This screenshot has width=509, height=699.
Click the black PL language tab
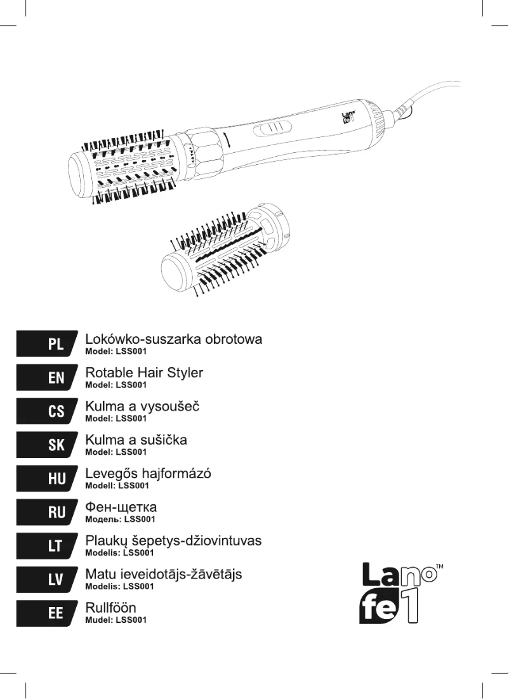tap(47, 344)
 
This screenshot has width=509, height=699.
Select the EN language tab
tap(47, 377)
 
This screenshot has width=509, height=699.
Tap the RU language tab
tap(47, 513)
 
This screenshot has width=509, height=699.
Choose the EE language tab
tap(47, 613)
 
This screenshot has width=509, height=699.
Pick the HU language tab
tap(47, 478)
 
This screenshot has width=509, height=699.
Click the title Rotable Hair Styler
tap(144, 373)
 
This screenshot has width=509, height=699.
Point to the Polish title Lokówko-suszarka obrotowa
tap(173, 339)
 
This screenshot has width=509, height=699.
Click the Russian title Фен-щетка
tap(121, 507)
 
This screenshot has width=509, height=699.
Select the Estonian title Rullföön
tap(110, 608)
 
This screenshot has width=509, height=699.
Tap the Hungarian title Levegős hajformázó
tap(148, 473)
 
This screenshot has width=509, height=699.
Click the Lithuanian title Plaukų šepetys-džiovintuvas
tap(173, 541)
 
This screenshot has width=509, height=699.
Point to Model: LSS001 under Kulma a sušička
tap(116, 452)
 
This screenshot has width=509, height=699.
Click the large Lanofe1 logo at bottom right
tap(397, 593)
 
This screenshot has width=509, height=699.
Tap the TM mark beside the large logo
tap(439, 566)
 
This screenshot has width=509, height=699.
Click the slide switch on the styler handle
tap(272, 128)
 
